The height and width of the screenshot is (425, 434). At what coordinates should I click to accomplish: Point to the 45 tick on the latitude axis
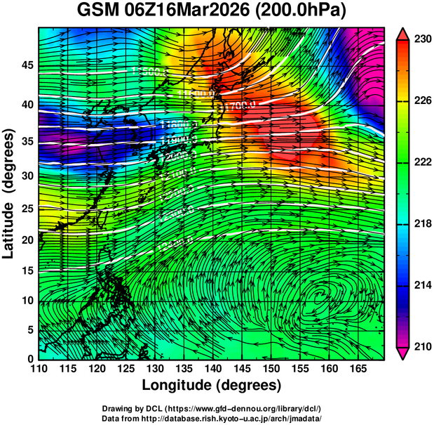point(25,65)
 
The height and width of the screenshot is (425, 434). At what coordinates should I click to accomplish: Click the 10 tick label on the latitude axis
point(25,301)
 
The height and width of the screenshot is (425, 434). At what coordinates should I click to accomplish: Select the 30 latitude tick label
point(25,176)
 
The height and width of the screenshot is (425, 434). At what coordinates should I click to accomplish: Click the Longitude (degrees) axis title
point(212,385)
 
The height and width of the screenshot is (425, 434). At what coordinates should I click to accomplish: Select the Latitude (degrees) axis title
point(9,193)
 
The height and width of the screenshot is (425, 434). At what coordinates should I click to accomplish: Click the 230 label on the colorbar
point(423,39)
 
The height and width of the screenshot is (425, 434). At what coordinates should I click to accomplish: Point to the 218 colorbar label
point(423,223)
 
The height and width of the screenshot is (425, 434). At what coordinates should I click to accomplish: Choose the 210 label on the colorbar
point(423,346)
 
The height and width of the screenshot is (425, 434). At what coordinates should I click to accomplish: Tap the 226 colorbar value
point(423,101)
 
